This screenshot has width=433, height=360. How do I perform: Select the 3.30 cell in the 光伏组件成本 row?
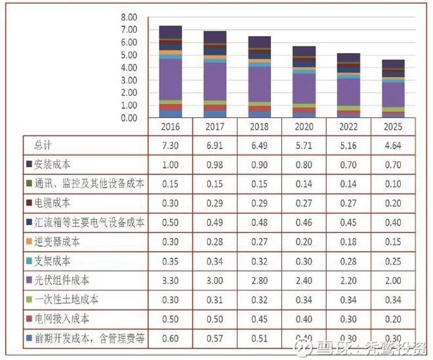(x=170, y=281)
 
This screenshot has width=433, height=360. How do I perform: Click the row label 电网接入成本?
(x=62, y=319)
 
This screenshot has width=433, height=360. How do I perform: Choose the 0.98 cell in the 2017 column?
(x=215, y=164)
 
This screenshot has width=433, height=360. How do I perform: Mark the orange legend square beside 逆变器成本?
(x=30, y=242)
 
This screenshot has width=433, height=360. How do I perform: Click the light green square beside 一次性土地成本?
(x=30, y=300)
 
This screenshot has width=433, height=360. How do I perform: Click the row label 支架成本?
(x=52, y=262)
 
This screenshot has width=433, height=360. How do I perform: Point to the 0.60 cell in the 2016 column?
(x=170, y=339)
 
